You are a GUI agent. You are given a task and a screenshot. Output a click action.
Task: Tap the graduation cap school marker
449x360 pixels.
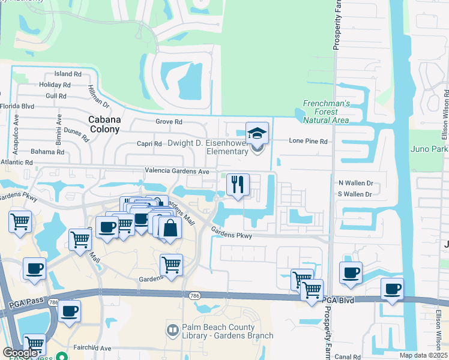coord(257,134)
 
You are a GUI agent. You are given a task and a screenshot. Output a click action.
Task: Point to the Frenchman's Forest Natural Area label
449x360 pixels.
coord(326,112)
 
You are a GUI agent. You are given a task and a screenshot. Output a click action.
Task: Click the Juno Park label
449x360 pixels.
coord(429,149)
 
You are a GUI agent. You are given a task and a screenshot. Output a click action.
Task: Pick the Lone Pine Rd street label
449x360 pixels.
coord(309,142)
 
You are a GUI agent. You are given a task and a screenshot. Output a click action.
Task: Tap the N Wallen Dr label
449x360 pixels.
coord(355,182)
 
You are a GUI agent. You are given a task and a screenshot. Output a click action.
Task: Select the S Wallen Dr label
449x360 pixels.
coord(355,194)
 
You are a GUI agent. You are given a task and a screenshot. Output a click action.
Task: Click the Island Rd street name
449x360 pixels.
coord(68,74)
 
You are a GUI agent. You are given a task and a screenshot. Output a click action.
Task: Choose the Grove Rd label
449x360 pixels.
coord(169,122)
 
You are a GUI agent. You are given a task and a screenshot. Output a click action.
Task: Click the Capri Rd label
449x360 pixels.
coord(149,144)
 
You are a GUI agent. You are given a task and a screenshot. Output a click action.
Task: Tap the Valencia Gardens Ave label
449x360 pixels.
coord(176,171)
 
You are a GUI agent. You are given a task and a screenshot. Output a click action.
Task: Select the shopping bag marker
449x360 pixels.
coord(170,228)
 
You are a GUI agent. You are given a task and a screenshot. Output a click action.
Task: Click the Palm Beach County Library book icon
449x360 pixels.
coord(172,330)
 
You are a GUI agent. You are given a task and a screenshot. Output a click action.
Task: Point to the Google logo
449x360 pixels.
coord(20,353)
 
